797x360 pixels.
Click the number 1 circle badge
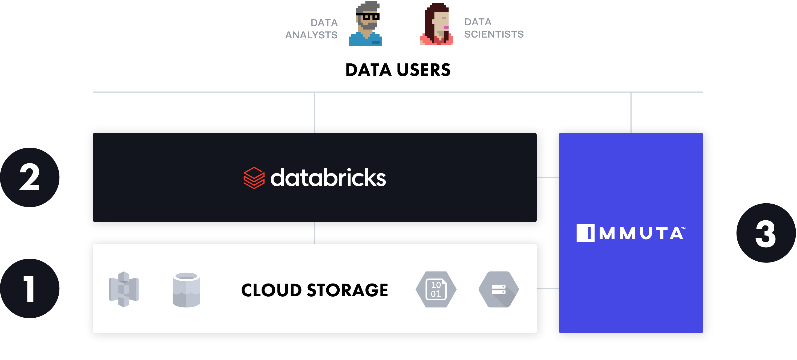tap(30, 289)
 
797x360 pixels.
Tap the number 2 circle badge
tap(30, 177)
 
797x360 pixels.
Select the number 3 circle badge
tap(766, 233)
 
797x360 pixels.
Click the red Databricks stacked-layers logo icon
tap(254, 178)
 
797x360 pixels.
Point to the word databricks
tap(328, 178)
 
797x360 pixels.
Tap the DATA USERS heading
tap(398, 70)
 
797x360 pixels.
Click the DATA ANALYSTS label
tap(312, 29)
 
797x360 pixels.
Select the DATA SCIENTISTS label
tap(494, 28)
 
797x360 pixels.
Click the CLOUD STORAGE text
tap(314, 290)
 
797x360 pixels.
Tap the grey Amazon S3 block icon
tap(124, 289)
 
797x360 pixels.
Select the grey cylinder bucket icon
tap(186, 290)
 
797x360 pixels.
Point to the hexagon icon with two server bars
tap(498, 289)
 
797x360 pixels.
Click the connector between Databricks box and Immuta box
tap(548, 177)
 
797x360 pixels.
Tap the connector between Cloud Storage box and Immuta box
tap(548, 288)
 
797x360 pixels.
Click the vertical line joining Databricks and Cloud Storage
tap(315, 233)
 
